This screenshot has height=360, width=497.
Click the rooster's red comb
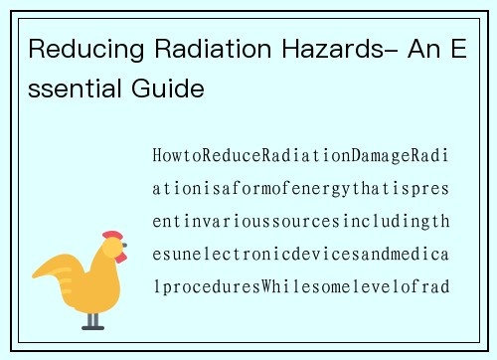click(x=112, y=237)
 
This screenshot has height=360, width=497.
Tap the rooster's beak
click(x=125, y=249)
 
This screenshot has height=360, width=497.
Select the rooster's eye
click(x=113, y=247)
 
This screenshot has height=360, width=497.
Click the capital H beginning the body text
click(x=158, y=156)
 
